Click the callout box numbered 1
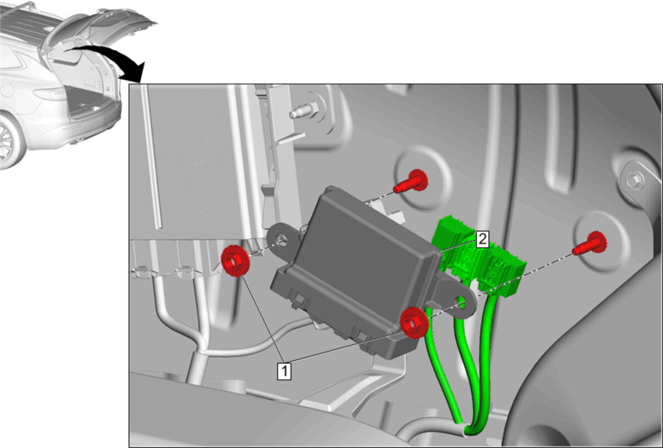284,371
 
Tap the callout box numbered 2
482,239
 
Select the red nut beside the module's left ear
235,260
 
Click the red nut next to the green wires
414,323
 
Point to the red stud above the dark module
411,182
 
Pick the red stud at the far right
590,244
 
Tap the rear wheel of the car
8,140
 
